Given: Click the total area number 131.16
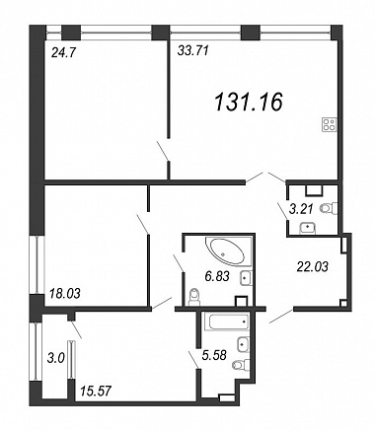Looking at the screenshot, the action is click(249, 102).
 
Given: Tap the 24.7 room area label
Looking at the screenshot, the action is click(64, 52).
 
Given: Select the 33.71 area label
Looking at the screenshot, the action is click(192, 50).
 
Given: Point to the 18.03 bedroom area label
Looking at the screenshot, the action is click(64, 293).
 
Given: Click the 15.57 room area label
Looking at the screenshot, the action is click(96, 391).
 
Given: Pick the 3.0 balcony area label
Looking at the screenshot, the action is click(55, 358).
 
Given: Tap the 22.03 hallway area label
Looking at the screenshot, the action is click(312, 266).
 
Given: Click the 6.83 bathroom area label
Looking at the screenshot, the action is click(217, 276).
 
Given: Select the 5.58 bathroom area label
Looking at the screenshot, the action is click(214, 355).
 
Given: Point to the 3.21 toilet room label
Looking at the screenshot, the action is click(301, 209).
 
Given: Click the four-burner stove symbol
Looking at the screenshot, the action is click(330, 124).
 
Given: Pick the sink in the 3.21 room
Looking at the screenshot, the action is click(308, 228).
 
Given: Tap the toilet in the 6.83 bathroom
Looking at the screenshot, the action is click(194, 297).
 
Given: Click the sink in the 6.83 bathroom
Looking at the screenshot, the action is click(247, 278).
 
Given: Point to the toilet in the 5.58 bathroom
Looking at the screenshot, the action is click(241, 365).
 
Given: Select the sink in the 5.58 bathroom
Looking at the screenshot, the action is click(243, 344).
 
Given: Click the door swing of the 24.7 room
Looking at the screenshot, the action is click(163, 151).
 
